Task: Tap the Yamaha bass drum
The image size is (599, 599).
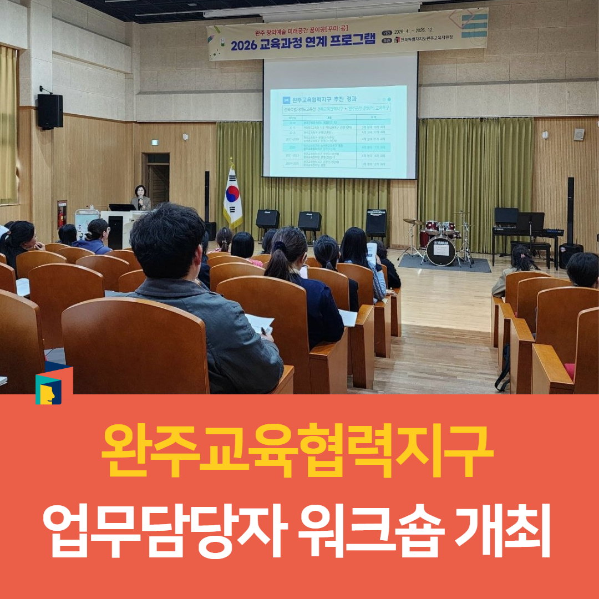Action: pyautogui.click(x=441, y=251)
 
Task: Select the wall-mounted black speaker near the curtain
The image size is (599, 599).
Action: pyautogui.click(x=50, y=110)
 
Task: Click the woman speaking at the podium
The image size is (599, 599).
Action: pyautogui.click(x=141, y=198)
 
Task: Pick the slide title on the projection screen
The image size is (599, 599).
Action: pyautogui.click(x=327, y=99)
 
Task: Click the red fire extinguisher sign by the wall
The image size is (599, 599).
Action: pyautogui.click(x=62, y=214)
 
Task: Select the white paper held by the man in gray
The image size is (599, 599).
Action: pyautogui.click(x=259, y=323)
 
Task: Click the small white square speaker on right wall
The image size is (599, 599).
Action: pyautogui.click(x=578, y=134)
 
